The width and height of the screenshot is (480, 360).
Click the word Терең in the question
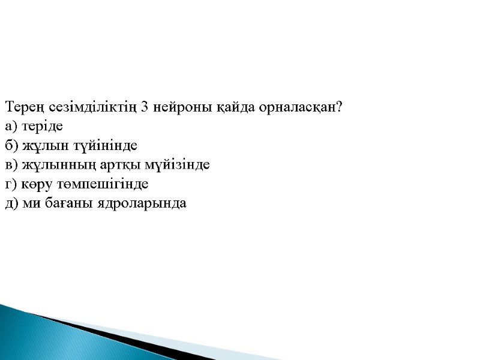[x=22, y=108]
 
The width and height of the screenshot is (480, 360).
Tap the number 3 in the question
[x=145, y=108]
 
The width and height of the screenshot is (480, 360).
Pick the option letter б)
[x=11, y=146]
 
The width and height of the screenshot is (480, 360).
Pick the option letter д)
[x=11, y=203]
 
